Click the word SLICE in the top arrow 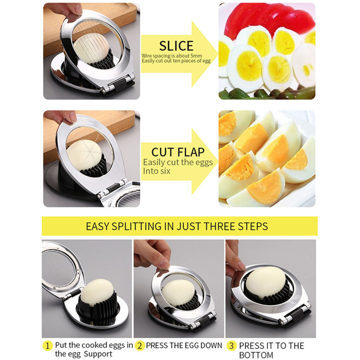(176, 46)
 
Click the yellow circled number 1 (48, 346)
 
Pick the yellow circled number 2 (140, 346)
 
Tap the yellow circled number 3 (231, 346)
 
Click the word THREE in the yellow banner (220, 226)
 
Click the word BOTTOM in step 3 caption (256, 355)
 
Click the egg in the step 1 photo (97, 292)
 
